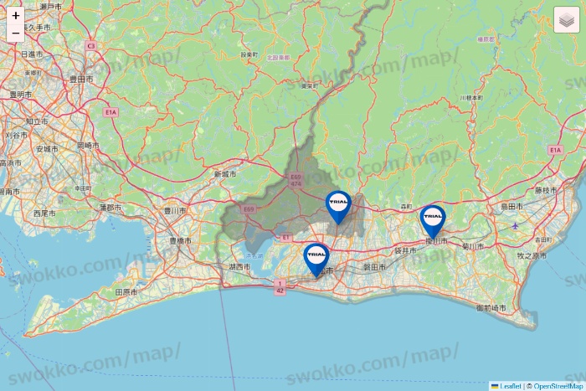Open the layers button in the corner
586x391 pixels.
tap(567, 19)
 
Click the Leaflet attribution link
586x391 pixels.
tap(507, 386)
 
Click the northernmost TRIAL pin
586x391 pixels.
tap(339, 204)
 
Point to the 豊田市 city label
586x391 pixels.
tap(81, 80)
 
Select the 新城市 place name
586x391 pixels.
tap(225, 174)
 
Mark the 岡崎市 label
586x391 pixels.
tap(87, 146)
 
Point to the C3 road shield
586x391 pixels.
tap(90, 46)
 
